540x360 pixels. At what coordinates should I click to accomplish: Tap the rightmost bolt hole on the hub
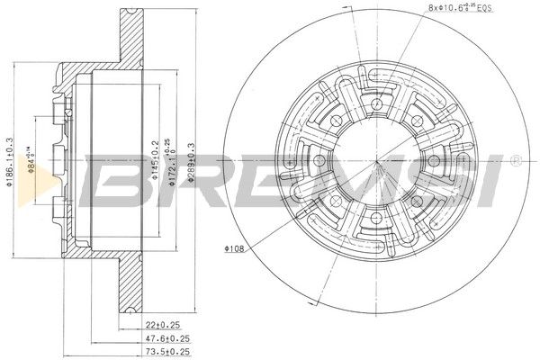tap(434, 159)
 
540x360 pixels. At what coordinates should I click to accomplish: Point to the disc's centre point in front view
tap(374, 159)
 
